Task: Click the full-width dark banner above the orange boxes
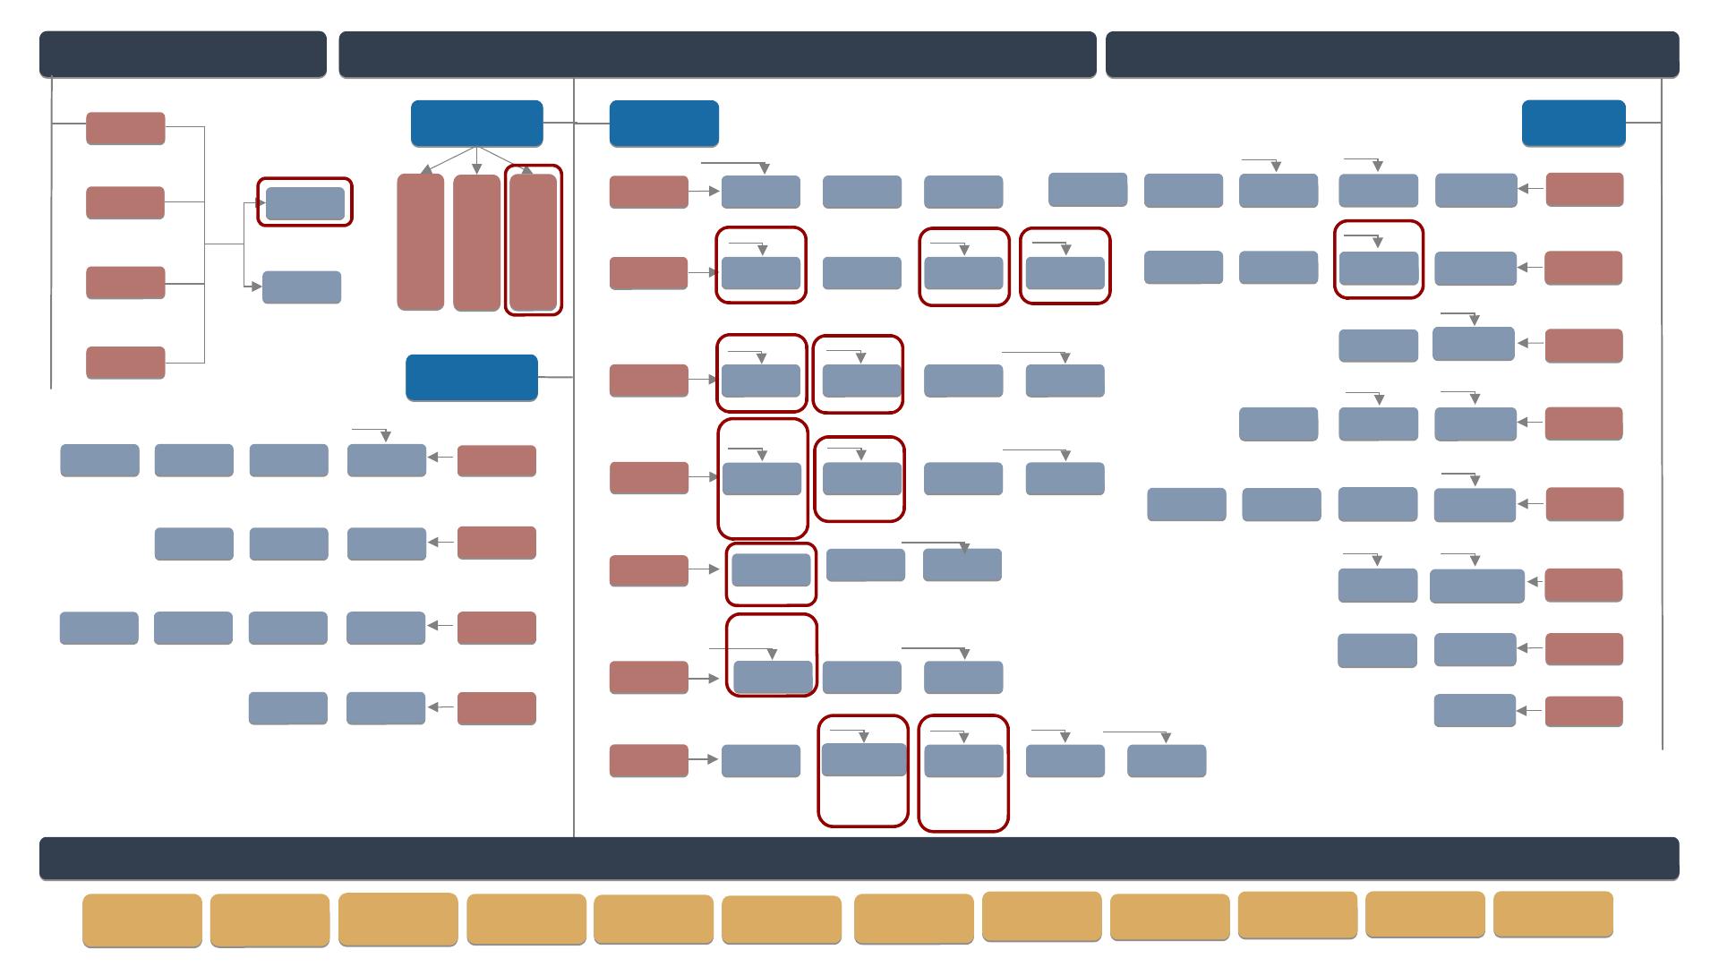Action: click(859, 859)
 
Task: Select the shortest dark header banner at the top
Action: click(183, 54)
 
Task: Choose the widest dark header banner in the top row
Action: click(717, 54)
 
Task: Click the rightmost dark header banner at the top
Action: click(1392, 54)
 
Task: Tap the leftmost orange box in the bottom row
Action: click(141, 920)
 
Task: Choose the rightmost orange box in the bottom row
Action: click(1553, 914)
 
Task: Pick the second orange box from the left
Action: click(269, 920)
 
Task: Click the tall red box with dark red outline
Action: click(534, 242)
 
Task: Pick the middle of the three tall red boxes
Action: click(476, 243)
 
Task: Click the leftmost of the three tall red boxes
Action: click(420, 243)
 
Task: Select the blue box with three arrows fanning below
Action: click(476, 123)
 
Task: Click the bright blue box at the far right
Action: click(1573, 123)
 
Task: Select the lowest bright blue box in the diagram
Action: click(471, 377)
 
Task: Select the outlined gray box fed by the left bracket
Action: click(304, 203)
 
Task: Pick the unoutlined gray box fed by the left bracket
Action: click(302, 287)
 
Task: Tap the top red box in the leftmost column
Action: click(125, 128)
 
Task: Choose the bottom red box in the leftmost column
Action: click(125, 363)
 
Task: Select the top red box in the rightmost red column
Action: click(1584, 190)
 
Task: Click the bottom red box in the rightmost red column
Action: click(1584, 712)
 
